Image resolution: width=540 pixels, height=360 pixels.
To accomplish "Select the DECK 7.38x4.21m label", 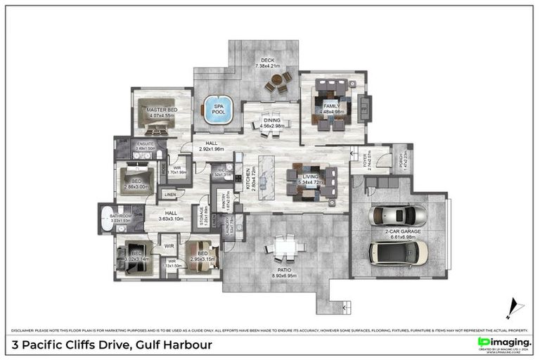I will [x=267, y=63].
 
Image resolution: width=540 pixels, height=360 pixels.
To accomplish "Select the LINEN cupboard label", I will [x=170, y=195].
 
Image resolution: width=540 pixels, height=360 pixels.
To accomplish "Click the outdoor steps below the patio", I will [x=344, y=307].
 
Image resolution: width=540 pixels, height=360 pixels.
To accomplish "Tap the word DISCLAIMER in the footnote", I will [x=27, y=329].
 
